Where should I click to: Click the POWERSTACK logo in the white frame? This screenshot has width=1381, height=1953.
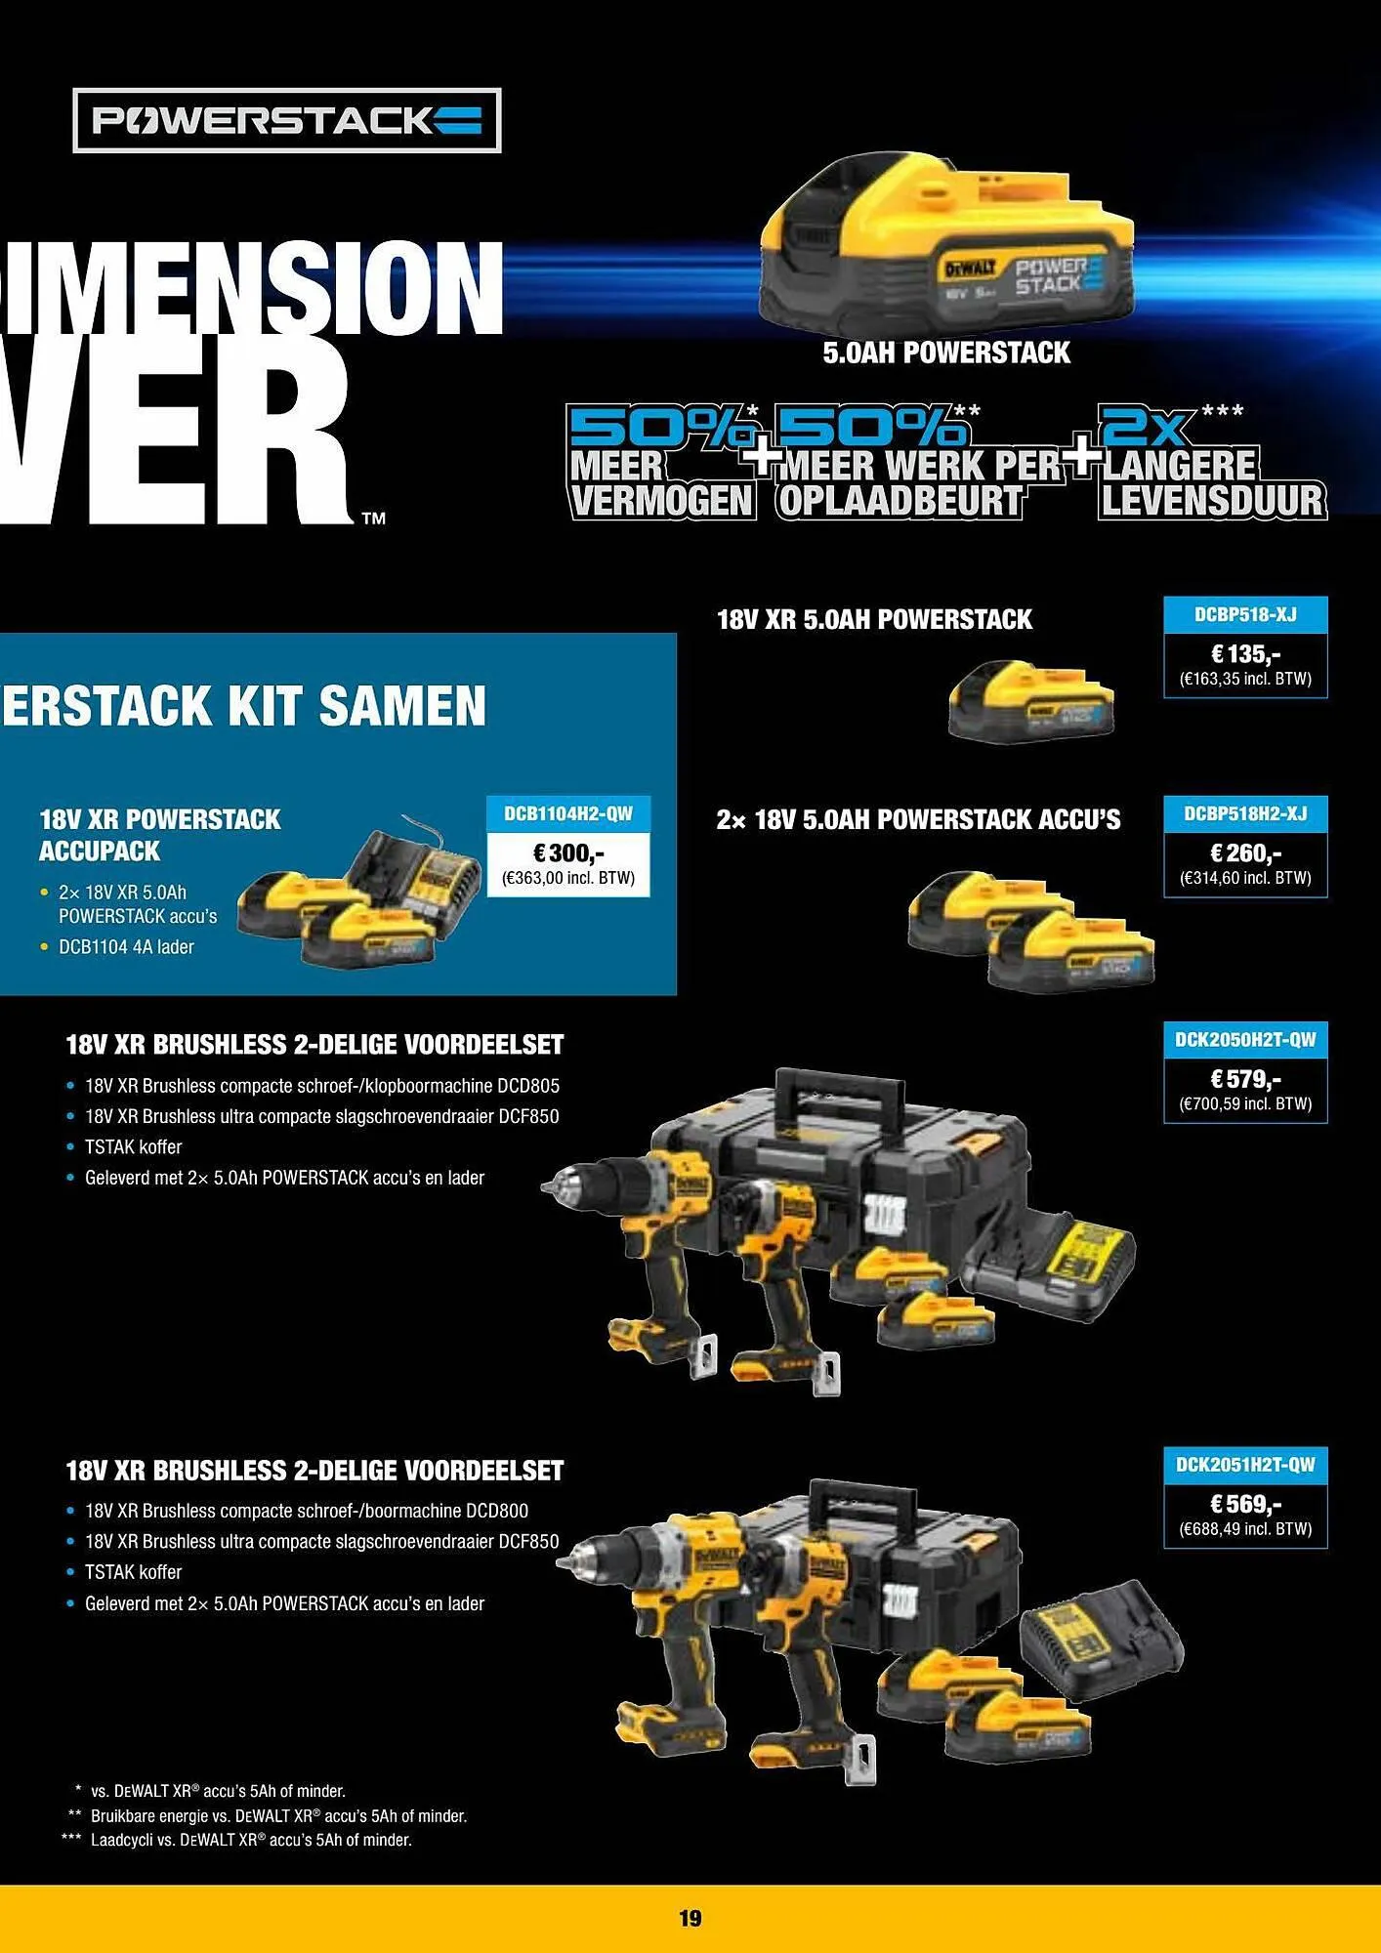[x=286, y=120]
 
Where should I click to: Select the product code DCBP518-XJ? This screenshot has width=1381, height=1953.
[x=1245, y=615]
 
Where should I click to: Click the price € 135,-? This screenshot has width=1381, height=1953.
[x=1245, y=653]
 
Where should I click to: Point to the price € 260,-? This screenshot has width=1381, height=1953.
[x=1245, y=852]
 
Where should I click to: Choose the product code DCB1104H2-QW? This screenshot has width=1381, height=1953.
[x=567, y=814]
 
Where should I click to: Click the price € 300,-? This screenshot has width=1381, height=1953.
[x=567, y=853]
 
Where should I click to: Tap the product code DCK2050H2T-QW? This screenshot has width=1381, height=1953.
[x=1245, y=1041]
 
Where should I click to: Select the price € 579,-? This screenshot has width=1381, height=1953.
[x=1245, y=1079]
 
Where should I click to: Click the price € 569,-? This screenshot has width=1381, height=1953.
[x=1245, y=1504]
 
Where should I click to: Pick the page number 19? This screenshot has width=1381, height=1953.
[x=690, y=1918]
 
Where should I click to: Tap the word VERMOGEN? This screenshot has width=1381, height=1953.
[x=661, y=501]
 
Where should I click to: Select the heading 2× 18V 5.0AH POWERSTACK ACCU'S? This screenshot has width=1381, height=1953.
[x=918, y=819]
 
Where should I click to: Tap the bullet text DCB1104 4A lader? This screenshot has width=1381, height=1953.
[x=126, y=947]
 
